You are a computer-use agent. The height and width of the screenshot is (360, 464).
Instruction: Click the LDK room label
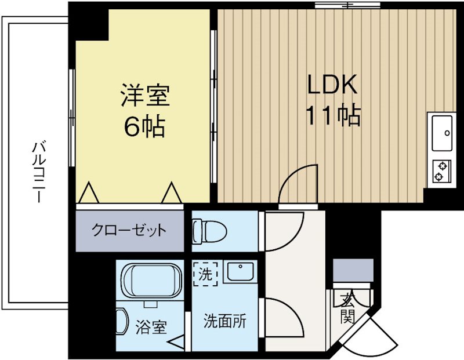[332, 85]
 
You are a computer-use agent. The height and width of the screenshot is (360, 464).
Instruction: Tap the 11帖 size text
[333, 117]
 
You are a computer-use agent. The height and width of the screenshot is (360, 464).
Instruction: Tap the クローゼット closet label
[129, 231]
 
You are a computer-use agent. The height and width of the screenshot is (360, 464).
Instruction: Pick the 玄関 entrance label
[347, 308]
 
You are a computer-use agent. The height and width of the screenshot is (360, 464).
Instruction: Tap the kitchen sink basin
[441, 133]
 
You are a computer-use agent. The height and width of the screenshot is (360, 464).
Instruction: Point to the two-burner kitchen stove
[441, 169]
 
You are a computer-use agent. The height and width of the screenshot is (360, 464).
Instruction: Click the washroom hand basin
[239, 271]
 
